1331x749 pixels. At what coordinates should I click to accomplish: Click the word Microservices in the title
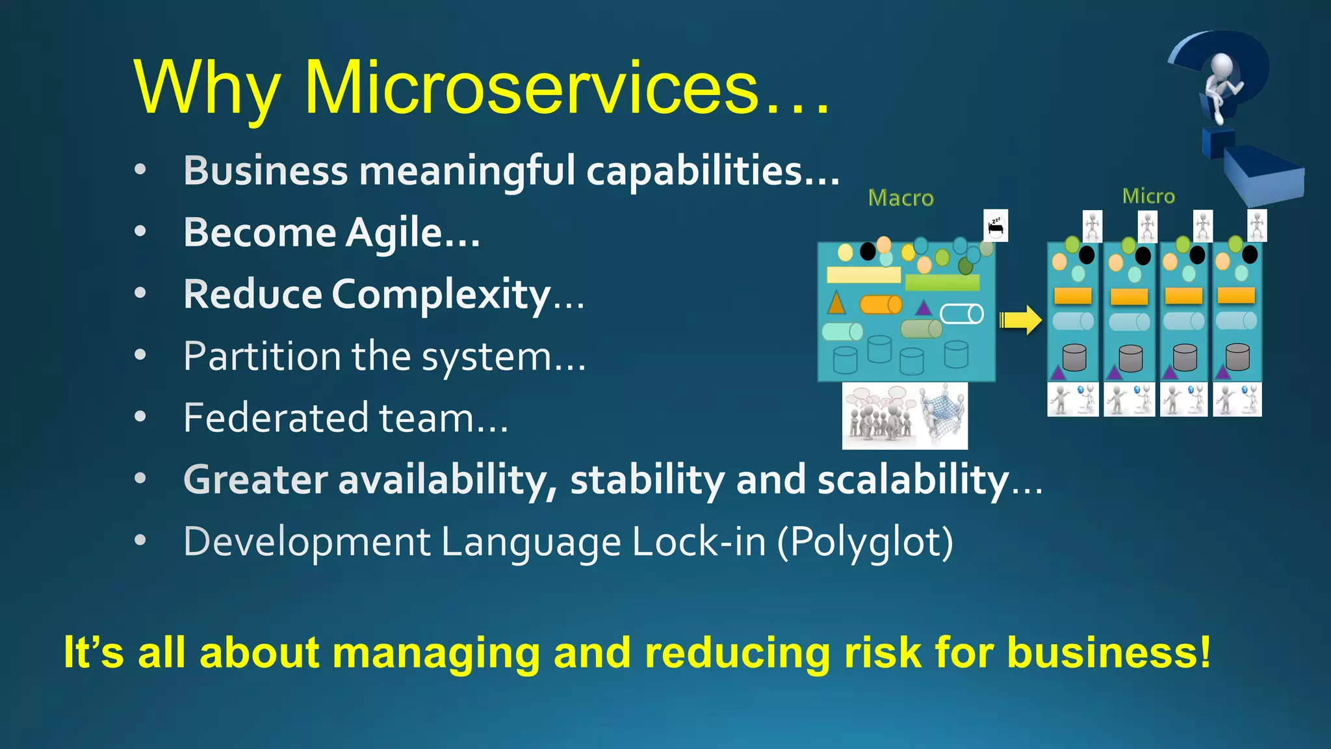(532, 88)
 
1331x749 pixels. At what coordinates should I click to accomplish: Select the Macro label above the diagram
(901, 198)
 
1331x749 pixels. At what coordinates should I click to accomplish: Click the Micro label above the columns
(1148, 196)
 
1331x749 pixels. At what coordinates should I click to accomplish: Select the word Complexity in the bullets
(441, 295)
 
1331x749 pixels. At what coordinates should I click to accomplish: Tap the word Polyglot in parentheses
(865, 542)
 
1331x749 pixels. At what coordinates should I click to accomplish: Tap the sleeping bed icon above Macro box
(996, 226)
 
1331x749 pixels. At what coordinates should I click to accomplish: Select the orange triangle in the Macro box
(836, 302)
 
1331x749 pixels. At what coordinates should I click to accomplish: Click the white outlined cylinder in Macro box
(962, 314)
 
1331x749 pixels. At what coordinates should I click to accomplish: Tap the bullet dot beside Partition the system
(140, 355)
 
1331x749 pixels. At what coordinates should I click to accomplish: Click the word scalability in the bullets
(912, 480)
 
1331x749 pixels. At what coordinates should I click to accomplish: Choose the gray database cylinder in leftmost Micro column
(1074, 358)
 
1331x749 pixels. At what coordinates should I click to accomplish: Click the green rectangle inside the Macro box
(942, 282)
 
